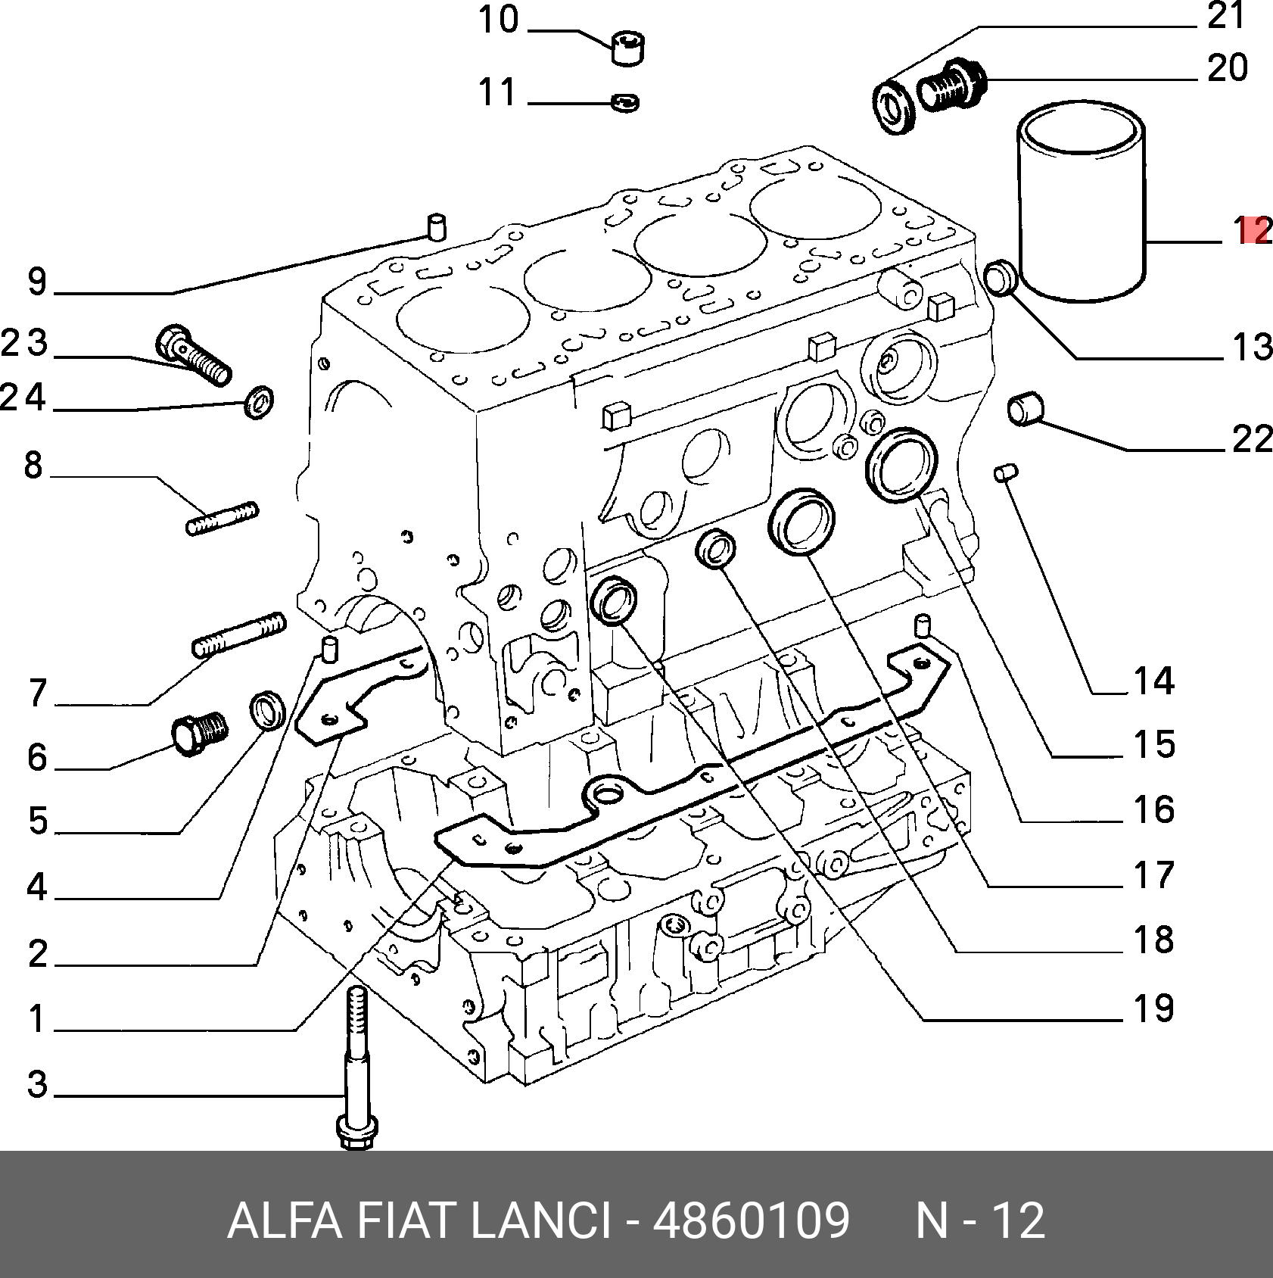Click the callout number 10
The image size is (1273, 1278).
pos(498,20)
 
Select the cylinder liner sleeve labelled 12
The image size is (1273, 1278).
pos(1082,201)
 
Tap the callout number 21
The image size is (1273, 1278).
pos(1227,15)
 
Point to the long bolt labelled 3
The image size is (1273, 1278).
pos(355,1075)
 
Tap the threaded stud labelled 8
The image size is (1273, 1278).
pos(223,518)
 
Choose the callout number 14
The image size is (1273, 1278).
pos(1153,681)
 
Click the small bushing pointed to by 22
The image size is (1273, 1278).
pos(1025,409)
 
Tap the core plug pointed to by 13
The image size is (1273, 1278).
pos(1003,278)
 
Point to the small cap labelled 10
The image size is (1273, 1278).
pos(627,48)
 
